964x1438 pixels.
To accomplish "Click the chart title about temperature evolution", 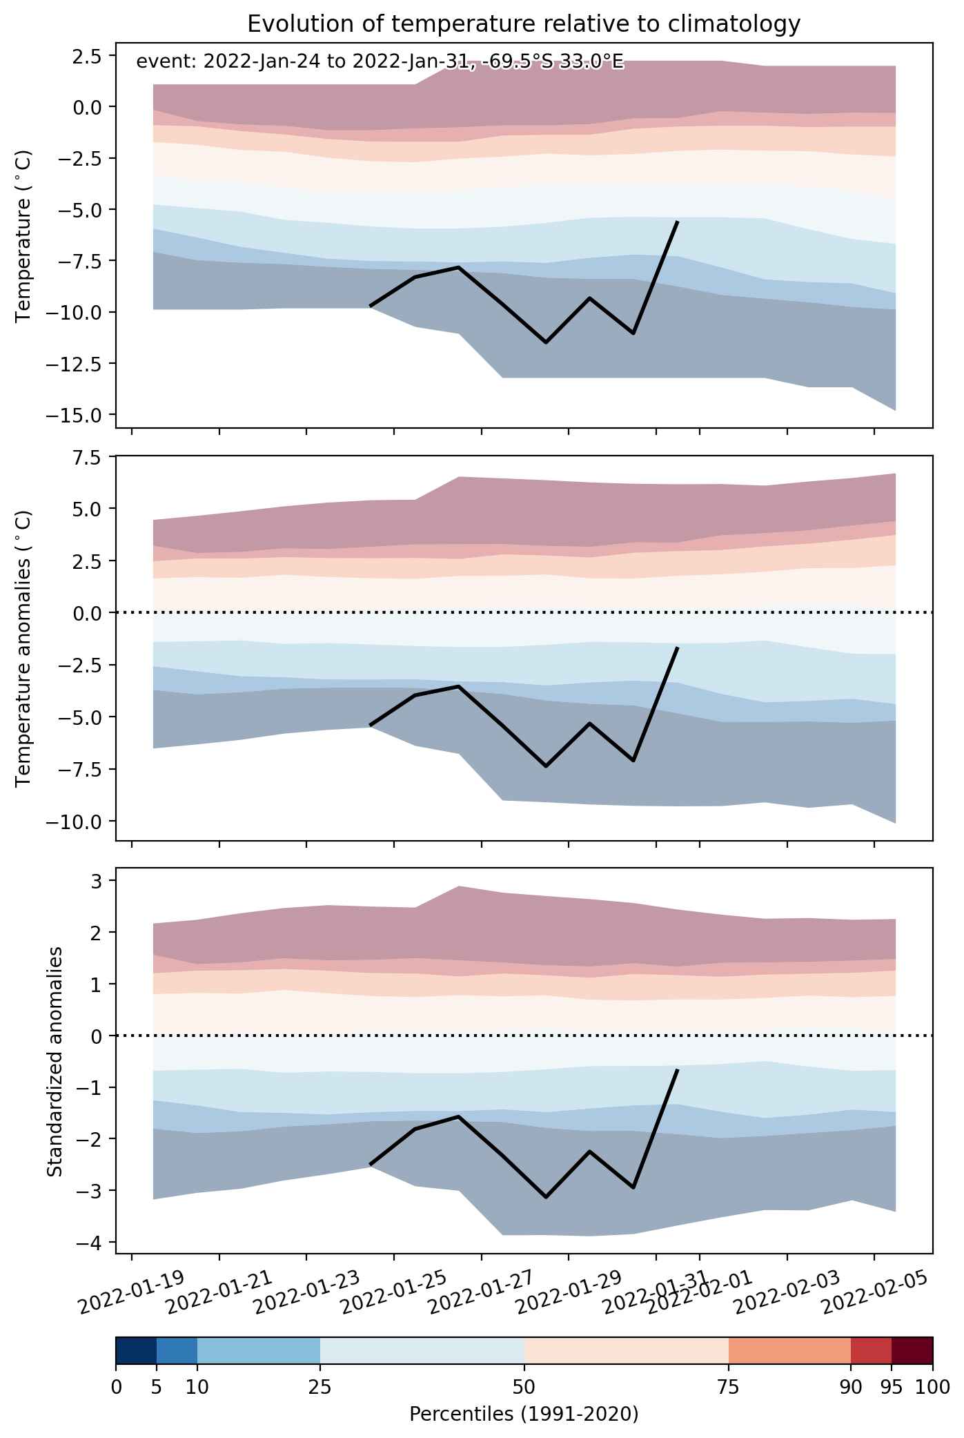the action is coord(524,24).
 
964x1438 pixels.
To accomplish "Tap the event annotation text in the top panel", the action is coord(380,62).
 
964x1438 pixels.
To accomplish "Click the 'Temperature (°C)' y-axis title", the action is coord(24,237).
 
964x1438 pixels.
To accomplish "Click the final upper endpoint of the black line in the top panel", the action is coord(678,222).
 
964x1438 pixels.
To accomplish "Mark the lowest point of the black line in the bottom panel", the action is coord(546,1197).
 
